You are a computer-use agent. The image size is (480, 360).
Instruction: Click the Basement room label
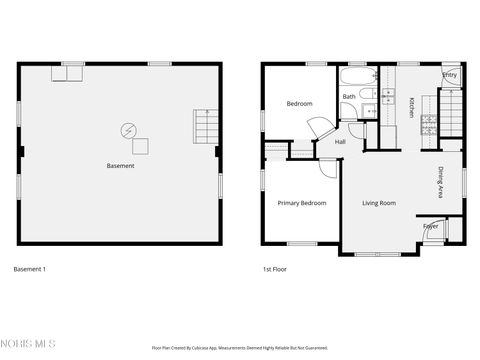pos(120,166)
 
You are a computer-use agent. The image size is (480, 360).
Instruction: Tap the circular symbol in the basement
pos(128,129)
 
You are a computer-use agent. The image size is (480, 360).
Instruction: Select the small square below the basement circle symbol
pos(140,146)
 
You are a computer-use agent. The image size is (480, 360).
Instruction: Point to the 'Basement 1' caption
pos(30,269)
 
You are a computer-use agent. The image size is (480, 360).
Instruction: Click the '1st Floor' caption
pos(275,269)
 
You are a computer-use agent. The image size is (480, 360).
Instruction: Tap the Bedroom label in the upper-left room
pos(299,104)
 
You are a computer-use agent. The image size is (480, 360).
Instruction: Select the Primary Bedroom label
pos(301,203)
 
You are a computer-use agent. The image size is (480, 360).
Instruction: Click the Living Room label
pos(378,203)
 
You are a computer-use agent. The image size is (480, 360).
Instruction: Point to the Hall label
pos(340,142)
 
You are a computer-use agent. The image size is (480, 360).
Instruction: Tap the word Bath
pos(349,97)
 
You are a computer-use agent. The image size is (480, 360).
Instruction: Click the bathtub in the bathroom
pos(357,76)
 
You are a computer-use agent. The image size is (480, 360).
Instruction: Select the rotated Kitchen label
pos(412,107)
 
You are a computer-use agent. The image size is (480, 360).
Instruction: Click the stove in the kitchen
pos(428,123)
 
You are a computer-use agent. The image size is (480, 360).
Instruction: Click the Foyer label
pos(430,227)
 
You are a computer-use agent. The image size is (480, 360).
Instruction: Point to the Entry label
pos(450,75)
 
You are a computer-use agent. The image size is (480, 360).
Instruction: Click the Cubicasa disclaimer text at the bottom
pos(239,348)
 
